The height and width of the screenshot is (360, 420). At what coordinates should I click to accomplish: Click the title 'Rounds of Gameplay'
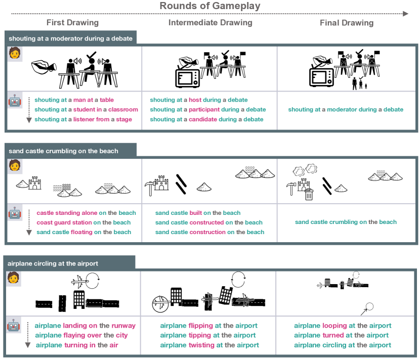click(210, 6)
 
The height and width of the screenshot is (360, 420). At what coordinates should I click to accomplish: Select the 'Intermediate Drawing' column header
click(210, 23)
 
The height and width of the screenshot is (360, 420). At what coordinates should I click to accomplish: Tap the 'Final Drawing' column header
click(347, 23)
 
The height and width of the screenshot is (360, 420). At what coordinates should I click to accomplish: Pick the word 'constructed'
click(206, 222)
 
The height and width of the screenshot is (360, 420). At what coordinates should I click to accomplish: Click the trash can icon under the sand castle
click(309, 194)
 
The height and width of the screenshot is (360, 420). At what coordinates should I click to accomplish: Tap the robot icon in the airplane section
click(14, 326)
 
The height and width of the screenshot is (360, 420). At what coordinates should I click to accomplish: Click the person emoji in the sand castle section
click(14, 165)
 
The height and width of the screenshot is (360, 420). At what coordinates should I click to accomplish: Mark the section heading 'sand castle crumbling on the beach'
click(63, 151)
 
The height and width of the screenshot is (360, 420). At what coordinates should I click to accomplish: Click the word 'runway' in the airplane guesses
click(123, 326)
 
